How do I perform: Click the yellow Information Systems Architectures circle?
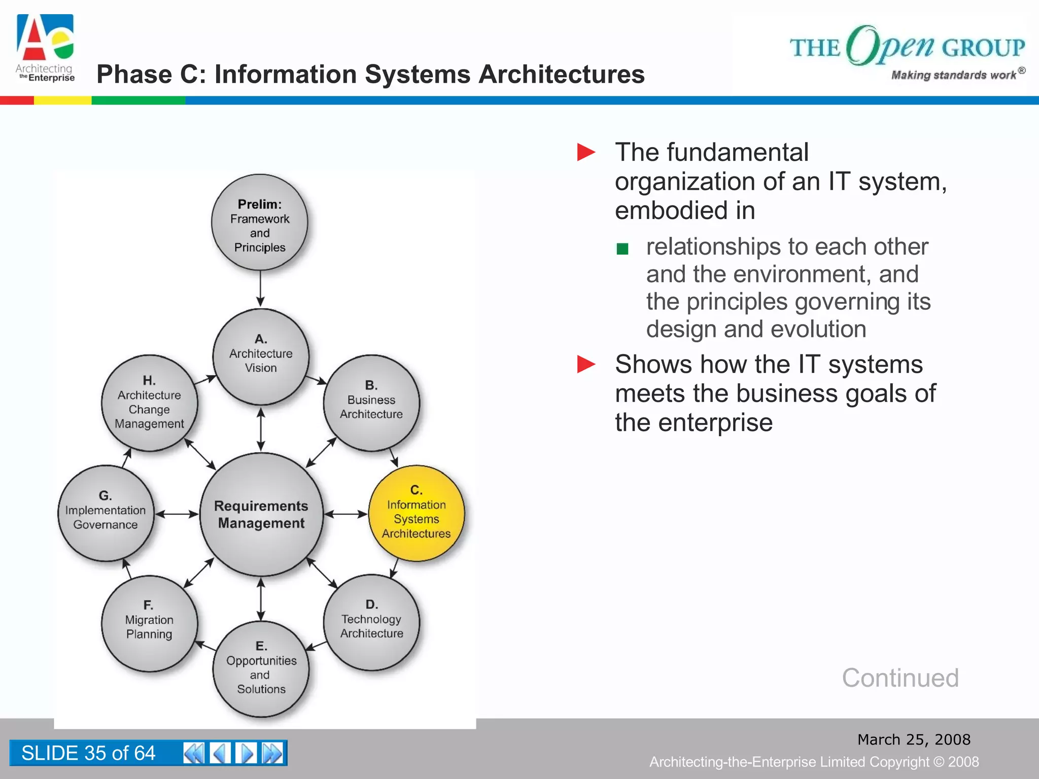(x=416, y=513)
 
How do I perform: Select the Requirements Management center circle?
(x=261, y=514)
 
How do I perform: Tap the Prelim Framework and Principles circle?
(x=260, y=223)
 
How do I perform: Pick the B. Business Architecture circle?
(x=371, y=403)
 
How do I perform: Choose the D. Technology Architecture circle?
(x=371, y=622)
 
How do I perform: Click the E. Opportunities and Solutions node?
(x=261, y=668)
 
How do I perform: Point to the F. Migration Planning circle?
(x=149, y=623)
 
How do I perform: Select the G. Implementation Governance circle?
(x=106, y=513)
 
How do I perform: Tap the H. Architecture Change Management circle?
(x=149, y=403)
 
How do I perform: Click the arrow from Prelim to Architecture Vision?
(x=260, y=289)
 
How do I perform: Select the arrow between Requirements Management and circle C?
(x=345, y=514)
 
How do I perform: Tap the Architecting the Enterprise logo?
(x=45, y=49)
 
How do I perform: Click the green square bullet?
(x=622, y=249)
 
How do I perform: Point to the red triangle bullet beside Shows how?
(x=586, y=364)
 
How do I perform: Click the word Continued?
(x=900, y=678)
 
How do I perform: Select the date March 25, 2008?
(x=914, y=739)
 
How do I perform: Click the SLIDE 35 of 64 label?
(x=88, y=753)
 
